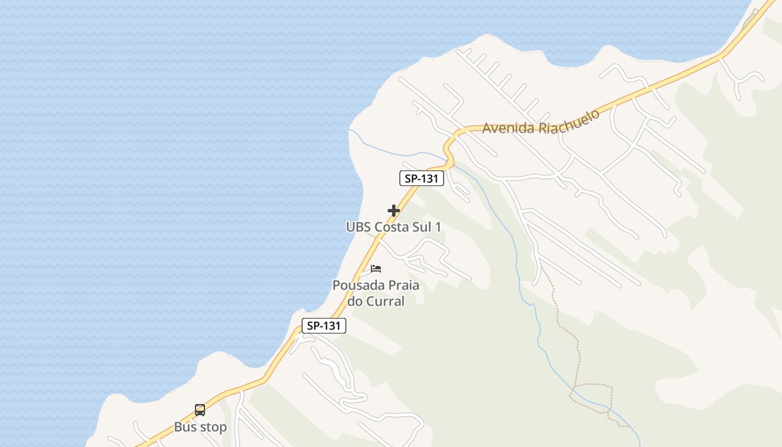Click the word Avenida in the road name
pyautogui.click(x=508, y=127)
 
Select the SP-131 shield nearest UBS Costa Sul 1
pyautogui.click(x=422, y=178)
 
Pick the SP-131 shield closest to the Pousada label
pyautogui.click(x=324, y=326)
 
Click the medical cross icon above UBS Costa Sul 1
pyautogui.click(x=394, y=211)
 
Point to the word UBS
pyautogui.click(x=358, y=227)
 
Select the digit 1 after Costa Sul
pyautogui.click(x=438, y=227)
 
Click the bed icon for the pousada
pyautogui.click(x=376, y=269)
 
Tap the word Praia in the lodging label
pyautogui.click(x=402, y=286)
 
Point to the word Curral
pyautogui.click(x=385, y=301)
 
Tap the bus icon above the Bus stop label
pyautogui.click(x=200, y=410)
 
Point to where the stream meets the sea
pyautogui.click(x=349, y=130)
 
